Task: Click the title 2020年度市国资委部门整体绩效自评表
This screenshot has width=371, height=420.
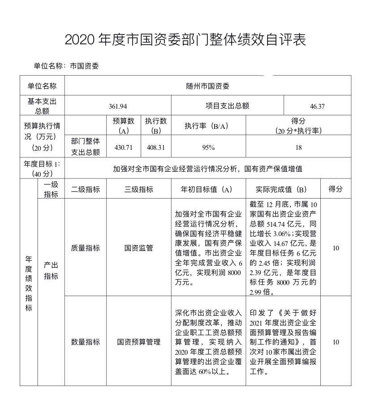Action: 185,40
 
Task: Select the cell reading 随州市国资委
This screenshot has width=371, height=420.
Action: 207,86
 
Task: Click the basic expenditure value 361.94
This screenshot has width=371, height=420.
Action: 118,106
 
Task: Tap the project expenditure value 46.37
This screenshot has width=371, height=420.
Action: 317,106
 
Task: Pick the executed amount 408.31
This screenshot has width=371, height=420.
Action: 156,147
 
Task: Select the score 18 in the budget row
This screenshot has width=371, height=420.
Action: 298,147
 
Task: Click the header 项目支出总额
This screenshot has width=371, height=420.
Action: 227,106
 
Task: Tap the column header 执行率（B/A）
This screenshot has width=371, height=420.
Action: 207,126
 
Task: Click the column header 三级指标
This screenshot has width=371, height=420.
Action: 139,189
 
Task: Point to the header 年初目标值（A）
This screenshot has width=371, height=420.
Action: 207,189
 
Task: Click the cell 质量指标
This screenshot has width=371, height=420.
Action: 86,248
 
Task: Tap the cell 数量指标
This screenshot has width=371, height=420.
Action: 86,342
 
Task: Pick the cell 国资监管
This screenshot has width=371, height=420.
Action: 139,248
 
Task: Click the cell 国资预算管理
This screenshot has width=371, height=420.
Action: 139,342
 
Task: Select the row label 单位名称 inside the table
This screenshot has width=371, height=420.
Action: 42,86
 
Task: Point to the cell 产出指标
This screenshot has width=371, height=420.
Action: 51,271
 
